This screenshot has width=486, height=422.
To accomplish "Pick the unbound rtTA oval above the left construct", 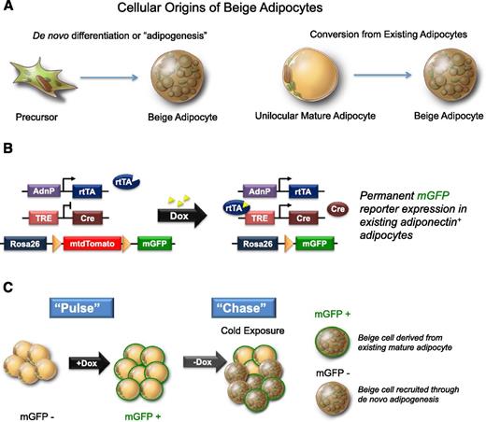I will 123,177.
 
